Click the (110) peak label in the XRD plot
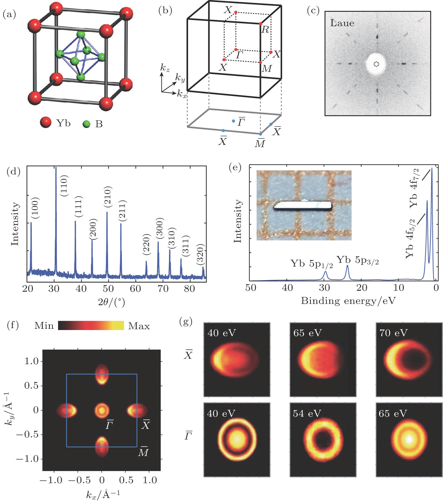click(64, 186)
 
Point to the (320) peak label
click(200, 254)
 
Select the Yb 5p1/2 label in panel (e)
click(311, 264)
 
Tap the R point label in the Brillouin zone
click(265, 30)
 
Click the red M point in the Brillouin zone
click(260, 63)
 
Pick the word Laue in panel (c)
click(342, 23)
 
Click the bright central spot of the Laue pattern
click(376, 64)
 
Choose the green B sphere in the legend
click(86, 124)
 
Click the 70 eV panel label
click(393, 333)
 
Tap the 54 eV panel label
click(307, 413)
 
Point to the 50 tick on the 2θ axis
click(108, 289)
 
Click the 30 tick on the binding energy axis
click(324, 287)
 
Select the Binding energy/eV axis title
click(348, 301)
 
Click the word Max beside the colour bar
click(139, 326)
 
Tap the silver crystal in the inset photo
click(303, 206)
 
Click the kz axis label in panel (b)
click(165, 68)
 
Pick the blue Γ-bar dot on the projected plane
click(233, 121)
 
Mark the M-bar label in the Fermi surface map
click(143, 452)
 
